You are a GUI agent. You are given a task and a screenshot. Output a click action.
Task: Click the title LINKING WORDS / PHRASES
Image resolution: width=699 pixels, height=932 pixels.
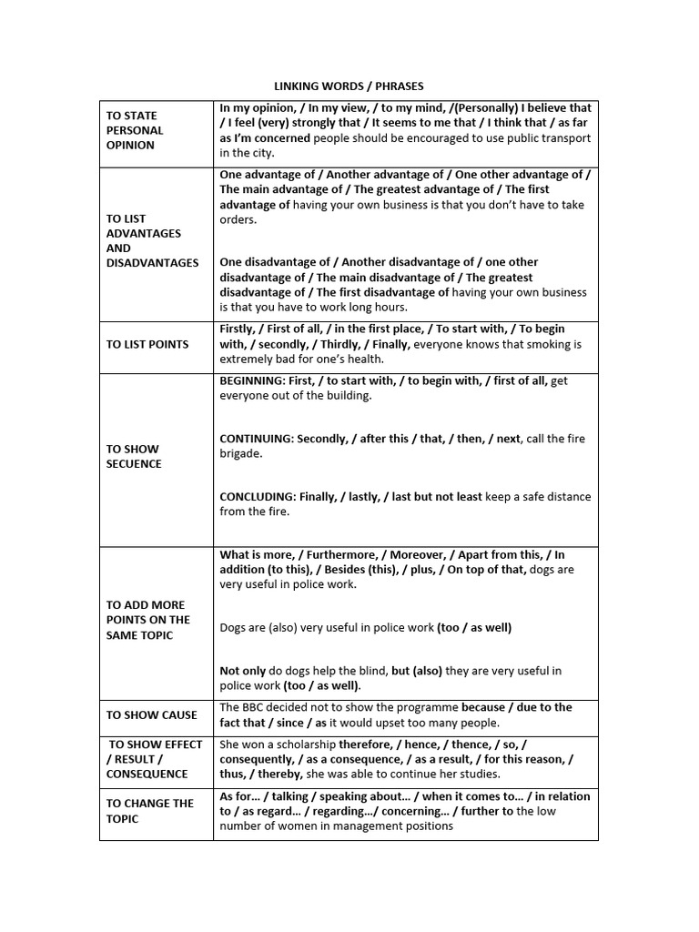[x=349, y=86]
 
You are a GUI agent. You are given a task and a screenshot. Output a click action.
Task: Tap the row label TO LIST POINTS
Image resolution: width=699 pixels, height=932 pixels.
[x=147, y=344]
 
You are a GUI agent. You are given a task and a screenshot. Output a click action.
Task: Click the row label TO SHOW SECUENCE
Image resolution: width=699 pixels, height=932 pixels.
[x=134, y=456]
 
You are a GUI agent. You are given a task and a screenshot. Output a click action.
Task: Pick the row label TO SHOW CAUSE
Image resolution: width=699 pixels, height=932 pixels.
[x=151, y=714]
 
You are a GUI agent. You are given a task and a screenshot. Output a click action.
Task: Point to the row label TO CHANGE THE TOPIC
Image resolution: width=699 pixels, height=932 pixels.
[x=150, y=810]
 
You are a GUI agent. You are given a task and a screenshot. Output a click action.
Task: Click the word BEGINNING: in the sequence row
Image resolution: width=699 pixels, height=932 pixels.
[x=251, y=380]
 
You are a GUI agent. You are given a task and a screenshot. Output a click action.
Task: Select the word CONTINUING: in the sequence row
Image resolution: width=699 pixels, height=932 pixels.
[x=257, y=438]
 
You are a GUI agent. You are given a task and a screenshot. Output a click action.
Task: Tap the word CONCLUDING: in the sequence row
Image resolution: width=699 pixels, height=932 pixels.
[x=257, y=496]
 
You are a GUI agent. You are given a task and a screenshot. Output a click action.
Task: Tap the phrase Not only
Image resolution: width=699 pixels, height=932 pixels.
[x=241, y=670]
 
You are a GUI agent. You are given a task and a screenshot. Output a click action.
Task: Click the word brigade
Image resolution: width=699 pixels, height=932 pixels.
[x=240, y=453]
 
